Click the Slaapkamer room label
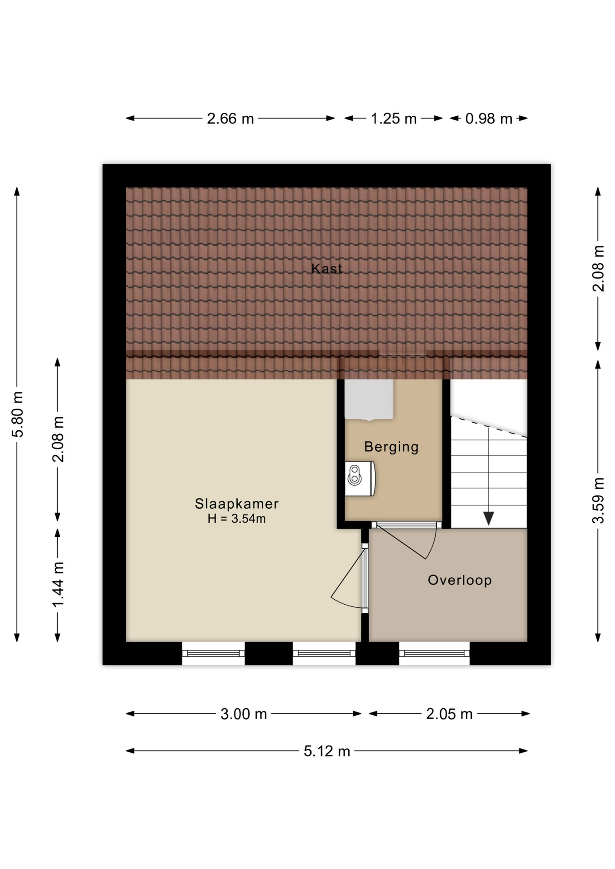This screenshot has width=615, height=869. pyautogui.click(x=236, y=503)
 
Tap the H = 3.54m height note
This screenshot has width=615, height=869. pyautogui.click(x=236, y=519)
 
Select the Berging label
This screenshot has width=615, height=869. pyautogui.click(x=391, y=447)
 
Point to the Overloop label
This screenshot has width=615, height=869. pyautogui.click(x=460, y=580)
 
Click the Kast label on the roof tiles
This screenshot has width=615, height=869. pyautogui.click(x=327, y=268)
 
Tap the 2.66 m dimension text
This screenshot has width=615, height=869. pyautogui.click(x=230, y=119)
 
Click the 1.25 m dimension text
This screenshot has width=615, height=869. pyautogui.click(x=394, y=119)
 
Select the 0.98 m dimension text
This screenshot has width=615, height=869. pyautogui.click(x=489, y=119)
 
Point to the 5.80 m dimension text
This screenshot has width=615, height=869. pyautogui.click(x=17, y=414)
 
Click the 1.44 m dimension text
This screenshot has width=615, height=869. pyautogui.click(x=58, y=584)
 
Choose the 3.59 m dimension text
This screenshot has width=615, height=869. pyautogui.click(x=598, y=500)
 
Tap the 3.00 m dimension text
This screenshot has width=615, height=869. pyautogui.click(x=244, y=714)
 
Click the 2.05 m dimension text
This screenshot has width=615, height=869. pyautogui.click(x=449, y=714)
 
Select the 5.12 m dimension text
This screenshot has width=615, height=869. pyautogui.click(x=327, y=751)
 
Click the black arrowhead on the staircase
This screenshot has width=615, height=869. pyautogui.click(x=489, y=518)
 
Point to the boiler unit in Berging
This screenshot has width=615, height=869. pyautogui.click(x=360, y=478)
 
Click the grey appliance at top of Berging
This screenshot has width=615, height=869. pyautogui.click(x=369, y=399)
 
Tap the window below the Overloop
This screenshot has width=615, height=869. pyautogui.click(x=434, y=653)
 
